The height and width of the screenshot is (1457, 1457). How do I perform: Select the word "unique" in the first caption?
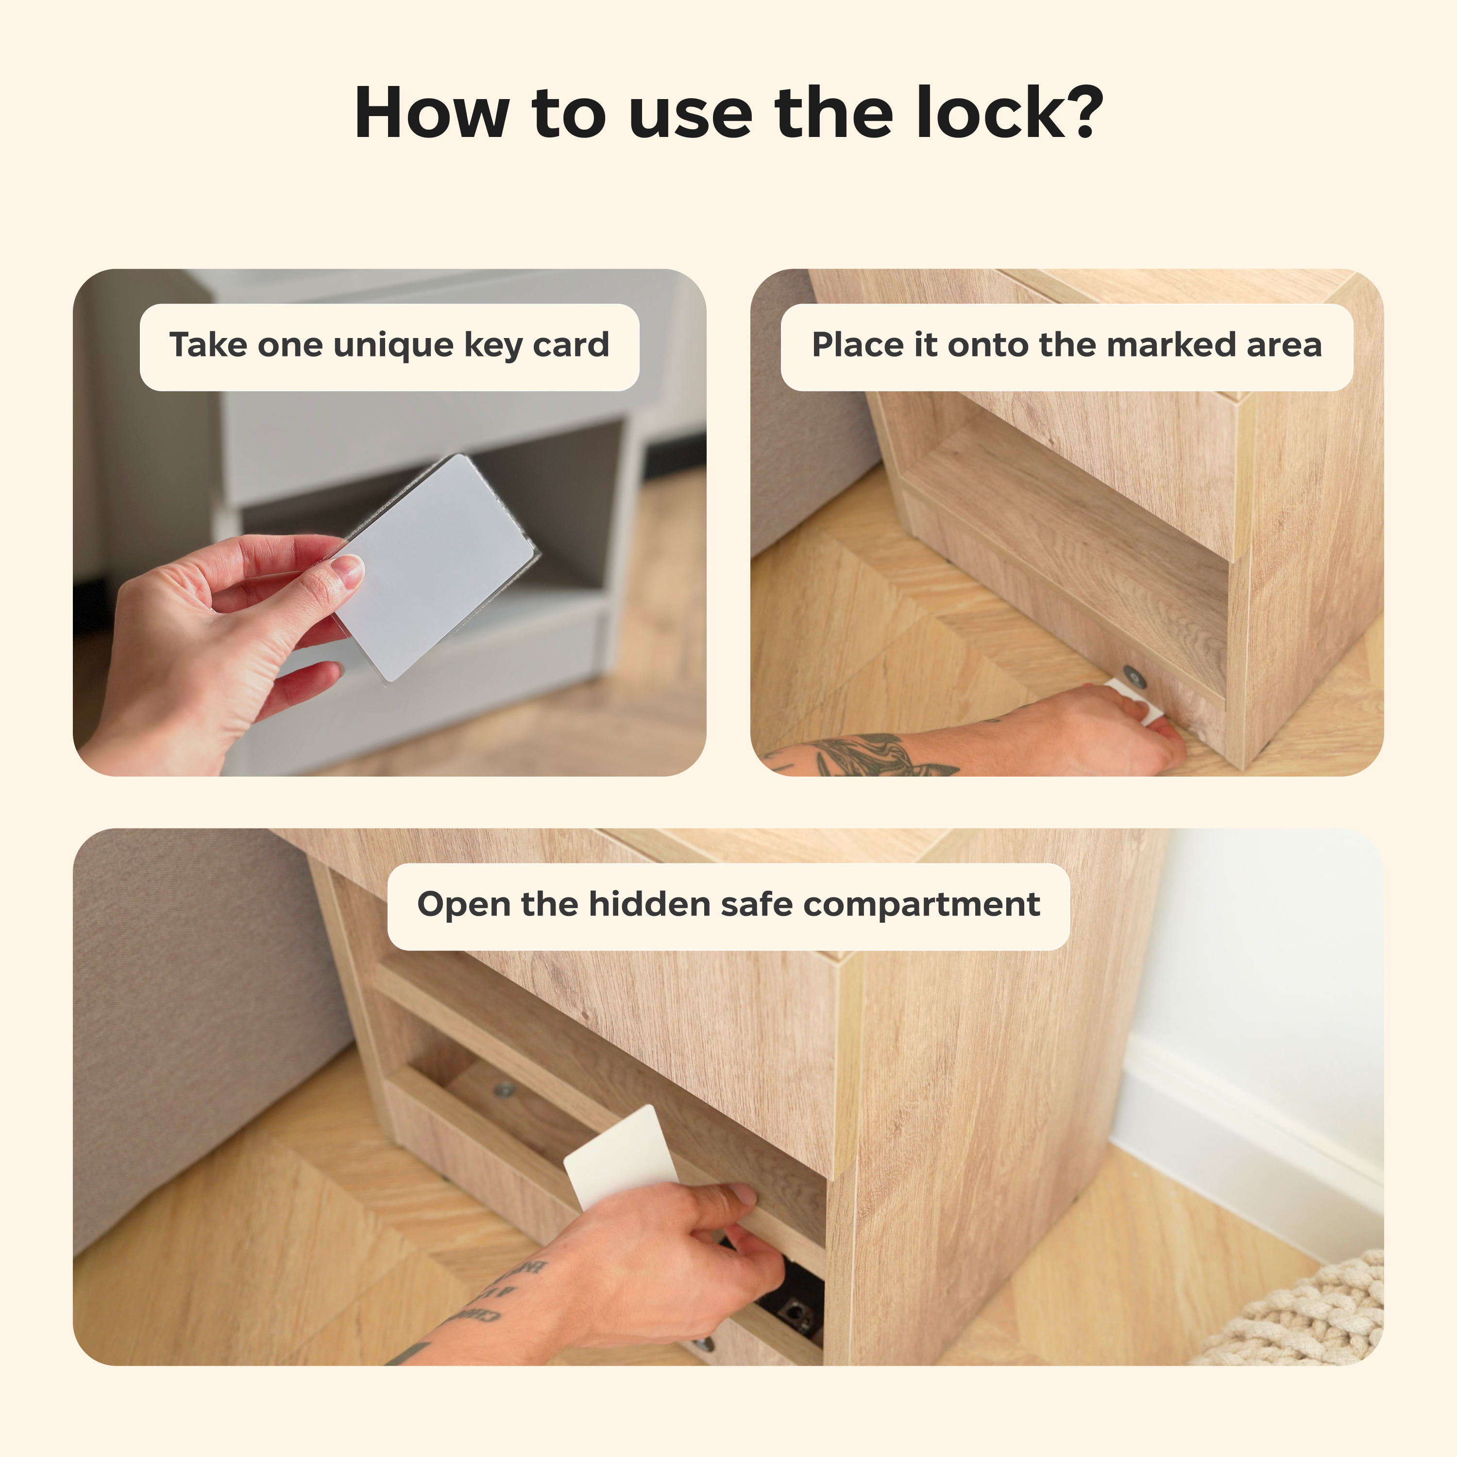pos(393,345)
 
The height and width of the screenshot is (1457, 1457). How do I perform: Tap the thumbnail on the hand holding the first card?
pos(348,570)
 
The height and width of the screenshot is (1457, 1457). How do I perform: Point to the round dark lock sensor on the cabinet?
pos(1134,677)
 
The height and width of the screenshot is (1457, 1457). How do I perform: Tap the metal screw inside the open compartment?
pos(504,1089)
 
